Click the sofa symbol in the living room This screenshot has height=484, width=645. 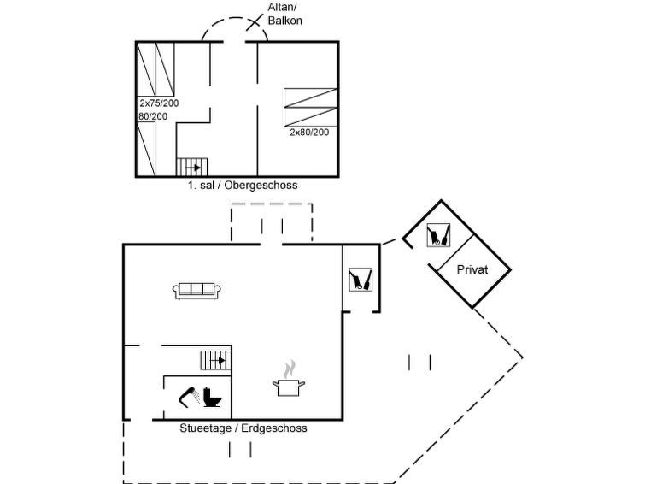tap(196, 291)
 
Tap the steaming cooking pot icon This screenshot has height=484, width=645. tap(289, 379)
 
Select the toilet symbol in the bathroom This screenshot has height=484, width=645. tap(212, 397)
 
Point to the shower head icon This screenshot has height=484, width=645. tap(189, 397)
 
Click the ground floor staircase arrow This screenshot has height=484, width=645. tap(218, 360)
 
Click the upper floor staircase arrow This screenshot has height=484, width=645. tap(193, 168)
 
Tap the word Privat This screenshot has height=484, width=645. tap(472, 269)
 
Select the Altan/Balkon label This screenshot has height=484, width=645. tap(284, 14)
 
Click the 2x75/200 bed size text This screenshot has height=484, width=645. tap(159, 103)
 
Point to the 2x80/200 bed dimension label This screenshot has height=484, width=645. tap(309, 133)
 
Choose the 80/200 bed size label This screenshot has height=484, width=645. tap(153, 116)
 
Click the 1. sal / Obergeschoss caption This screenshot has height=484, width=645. tap(243, 185)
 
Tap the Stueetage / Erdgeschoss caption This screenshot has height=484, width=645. tap(243, 428)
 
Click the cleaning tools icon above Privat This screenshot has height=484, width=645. tap(438, 235)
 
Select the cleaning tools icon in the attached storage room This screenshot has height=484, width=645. tap(361, 280)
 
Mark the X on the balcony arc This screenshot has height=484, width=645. tap(255, 22)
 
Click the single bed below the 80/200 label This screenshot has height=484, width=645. tap(145, 150)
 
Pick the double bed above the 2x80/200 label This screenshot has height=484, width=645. tap(311, 108)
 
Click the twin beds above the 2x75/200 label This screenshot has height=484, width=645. tap(155, 69)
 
